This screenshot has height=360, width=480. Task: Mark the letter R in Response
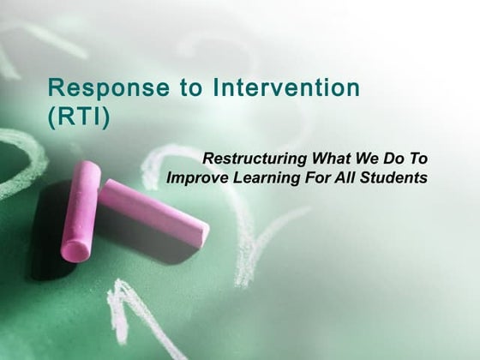coord(55,87)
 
